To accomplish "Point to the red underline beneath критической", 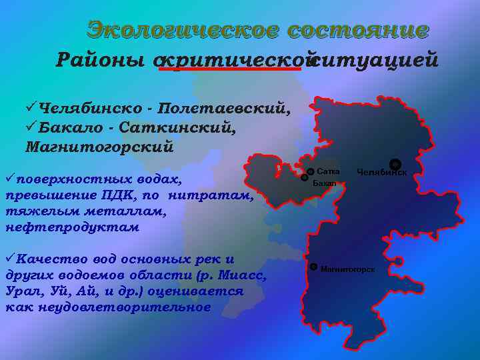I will tap(233, 70).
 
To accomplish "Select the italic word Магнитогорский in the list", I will tap(100, 147).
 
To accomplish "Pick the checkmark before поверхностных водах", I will tap(10, 179).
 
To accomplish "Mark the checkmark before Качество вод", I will tap(10, 259).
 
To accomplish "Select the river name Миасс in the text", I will tap(244, 275).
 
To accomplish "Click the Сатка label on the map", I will tap(329, 171).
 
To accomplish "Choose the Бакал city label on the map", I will tap(325, 183).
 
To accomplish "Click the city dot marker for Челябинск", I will tap(395, 163).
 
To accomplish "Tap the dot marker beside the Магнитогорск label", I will tap(313, 267).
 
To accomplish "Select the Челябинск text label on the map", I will tap(381, 173).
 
